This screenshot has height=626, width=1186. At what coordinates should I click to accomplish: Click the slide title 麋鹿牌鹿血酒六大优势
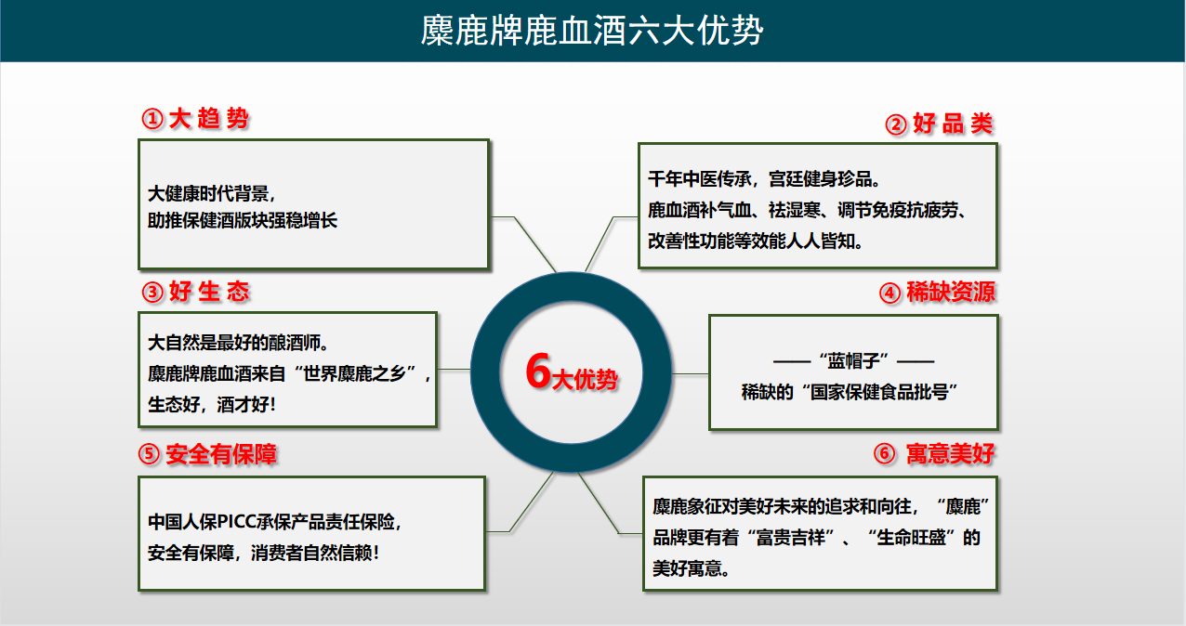592,31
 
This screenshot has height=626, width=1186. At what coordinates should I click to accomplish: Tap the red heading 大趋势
208,119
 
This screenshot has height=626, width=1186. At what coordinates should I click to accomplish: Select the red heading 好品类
953,124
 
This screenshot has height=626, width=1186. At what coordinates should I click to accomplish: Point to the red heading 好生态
209,292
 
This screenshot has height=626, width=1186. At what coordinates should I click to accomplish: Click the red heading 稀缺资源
951,292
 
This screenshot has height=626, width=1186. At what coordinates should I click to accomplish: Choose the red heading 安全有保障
221,454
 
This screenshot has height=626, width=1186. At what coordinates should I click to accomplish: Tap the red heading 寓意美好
951,453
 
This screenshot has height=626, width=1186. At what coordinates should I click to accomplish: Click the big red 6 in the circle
538,371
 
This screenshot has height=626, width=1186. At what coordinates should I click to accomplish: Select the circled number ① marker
152,119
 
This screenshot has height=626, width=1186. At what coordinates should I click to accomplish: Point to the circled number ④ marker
890,293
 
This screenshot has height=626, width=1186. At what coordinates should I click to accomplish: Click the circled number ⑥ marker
885,453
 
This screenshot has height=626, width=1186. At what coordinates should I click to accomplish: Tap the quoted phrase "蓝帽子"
853,361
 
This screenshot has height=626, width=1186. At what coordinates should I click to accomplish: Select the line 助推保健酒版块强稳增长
243,220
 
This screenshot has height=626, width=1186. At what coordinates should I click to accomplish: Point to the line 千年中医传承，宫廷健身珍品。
764,179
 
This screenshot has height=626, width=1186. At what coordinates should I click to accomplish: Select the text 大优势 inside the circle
585,380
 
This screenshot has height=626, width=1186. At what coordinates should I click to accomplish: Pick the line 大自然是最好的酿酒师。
238,343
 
